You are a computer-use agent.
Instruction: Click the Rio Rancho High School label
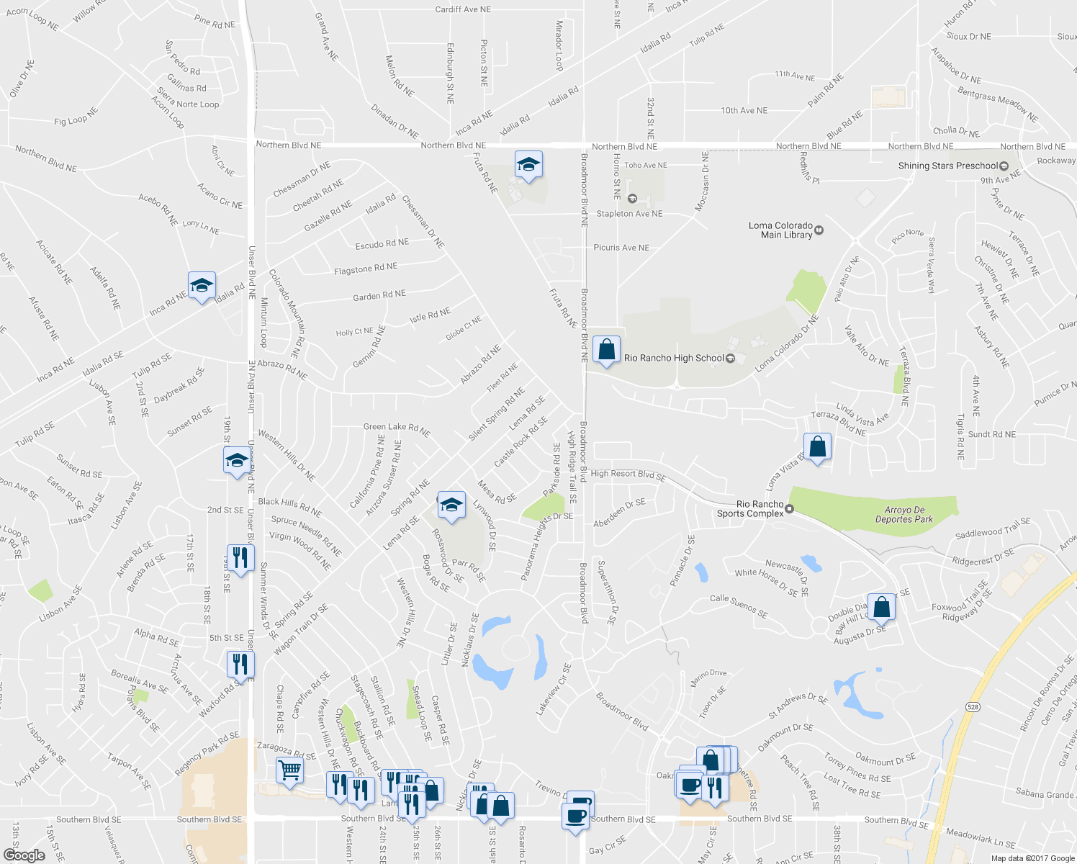coord(674,358)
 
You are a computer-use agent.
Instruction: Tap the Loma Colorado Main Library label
coord(780,230)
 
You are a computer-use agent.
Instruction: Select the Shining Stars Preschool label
coord(947,166)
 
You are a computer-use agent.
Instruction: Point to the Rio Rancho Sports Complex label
coord(750,509)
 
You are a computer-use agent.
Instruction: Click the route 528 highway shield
coord(973,707)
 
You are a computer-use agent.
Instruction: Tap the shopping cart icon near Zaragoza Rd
coord(290,770)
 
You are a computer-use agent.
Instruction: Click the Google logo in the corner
coord(24,855)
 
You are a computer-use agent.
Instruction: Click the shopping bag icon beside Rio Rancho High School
coord(606,350)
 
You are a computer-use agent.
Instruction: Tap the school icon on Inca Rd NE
coord(202,286)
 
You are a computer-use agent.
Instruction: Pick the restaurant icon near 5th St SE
coord(240,663)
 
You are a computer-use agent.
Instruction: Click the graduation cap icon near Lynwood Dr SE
coord(451,505)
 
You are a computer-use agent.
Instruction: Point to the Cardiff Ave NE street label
coord(463,9)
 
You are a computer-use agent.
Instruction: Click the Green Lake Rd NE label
coord(397,430)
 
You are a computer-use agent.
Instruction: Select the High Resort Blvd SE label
coord(628,474)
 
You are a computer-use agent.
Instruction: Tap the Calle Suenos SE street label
coord(739,606)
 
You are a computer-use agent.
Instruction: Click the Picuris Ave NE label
coord(621,248)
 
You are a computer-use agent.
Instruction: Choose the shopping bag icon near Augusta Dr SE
coord(881,607)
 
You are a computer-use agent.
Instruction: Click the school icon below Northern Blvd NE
coord(528,165)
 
